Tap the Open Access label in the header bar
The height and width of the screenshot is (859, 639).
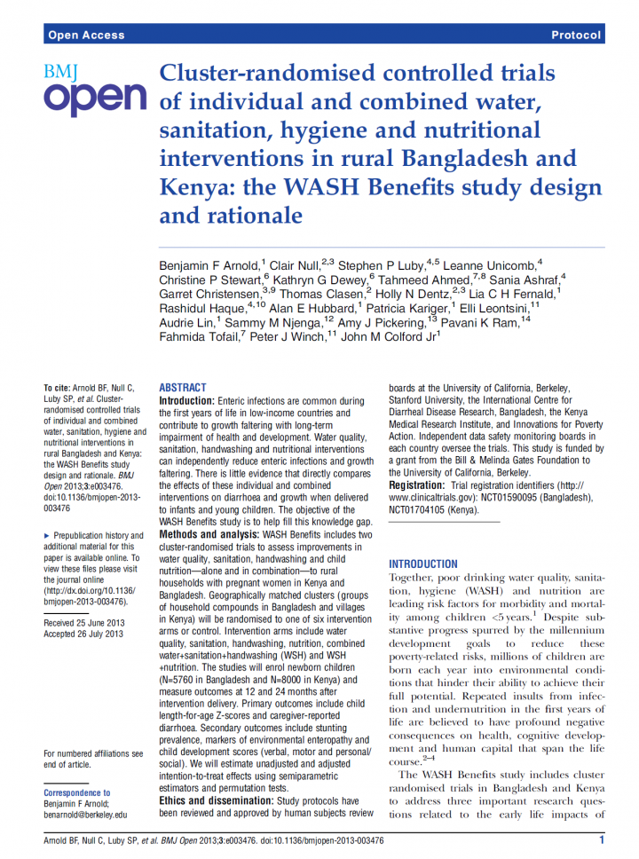tap(86, 35)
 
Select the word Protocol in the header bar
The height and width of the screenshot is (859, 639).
tap(576, 35)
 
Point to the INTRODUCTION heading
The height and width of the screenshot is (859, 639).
tap(423, 563)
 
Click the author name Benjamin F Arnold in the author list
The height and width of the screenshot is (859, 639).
tap(209, 265)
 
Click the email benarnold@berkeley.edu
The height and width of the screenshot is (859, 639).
tap(85, 814)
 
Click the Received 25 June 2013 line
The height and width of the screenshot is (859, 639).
tap(84, 623)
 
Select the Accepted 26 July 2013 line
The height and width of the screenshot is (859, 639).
tap(83, 634)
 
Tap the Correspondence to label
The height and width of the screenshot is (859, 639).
tap(77, 792)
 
